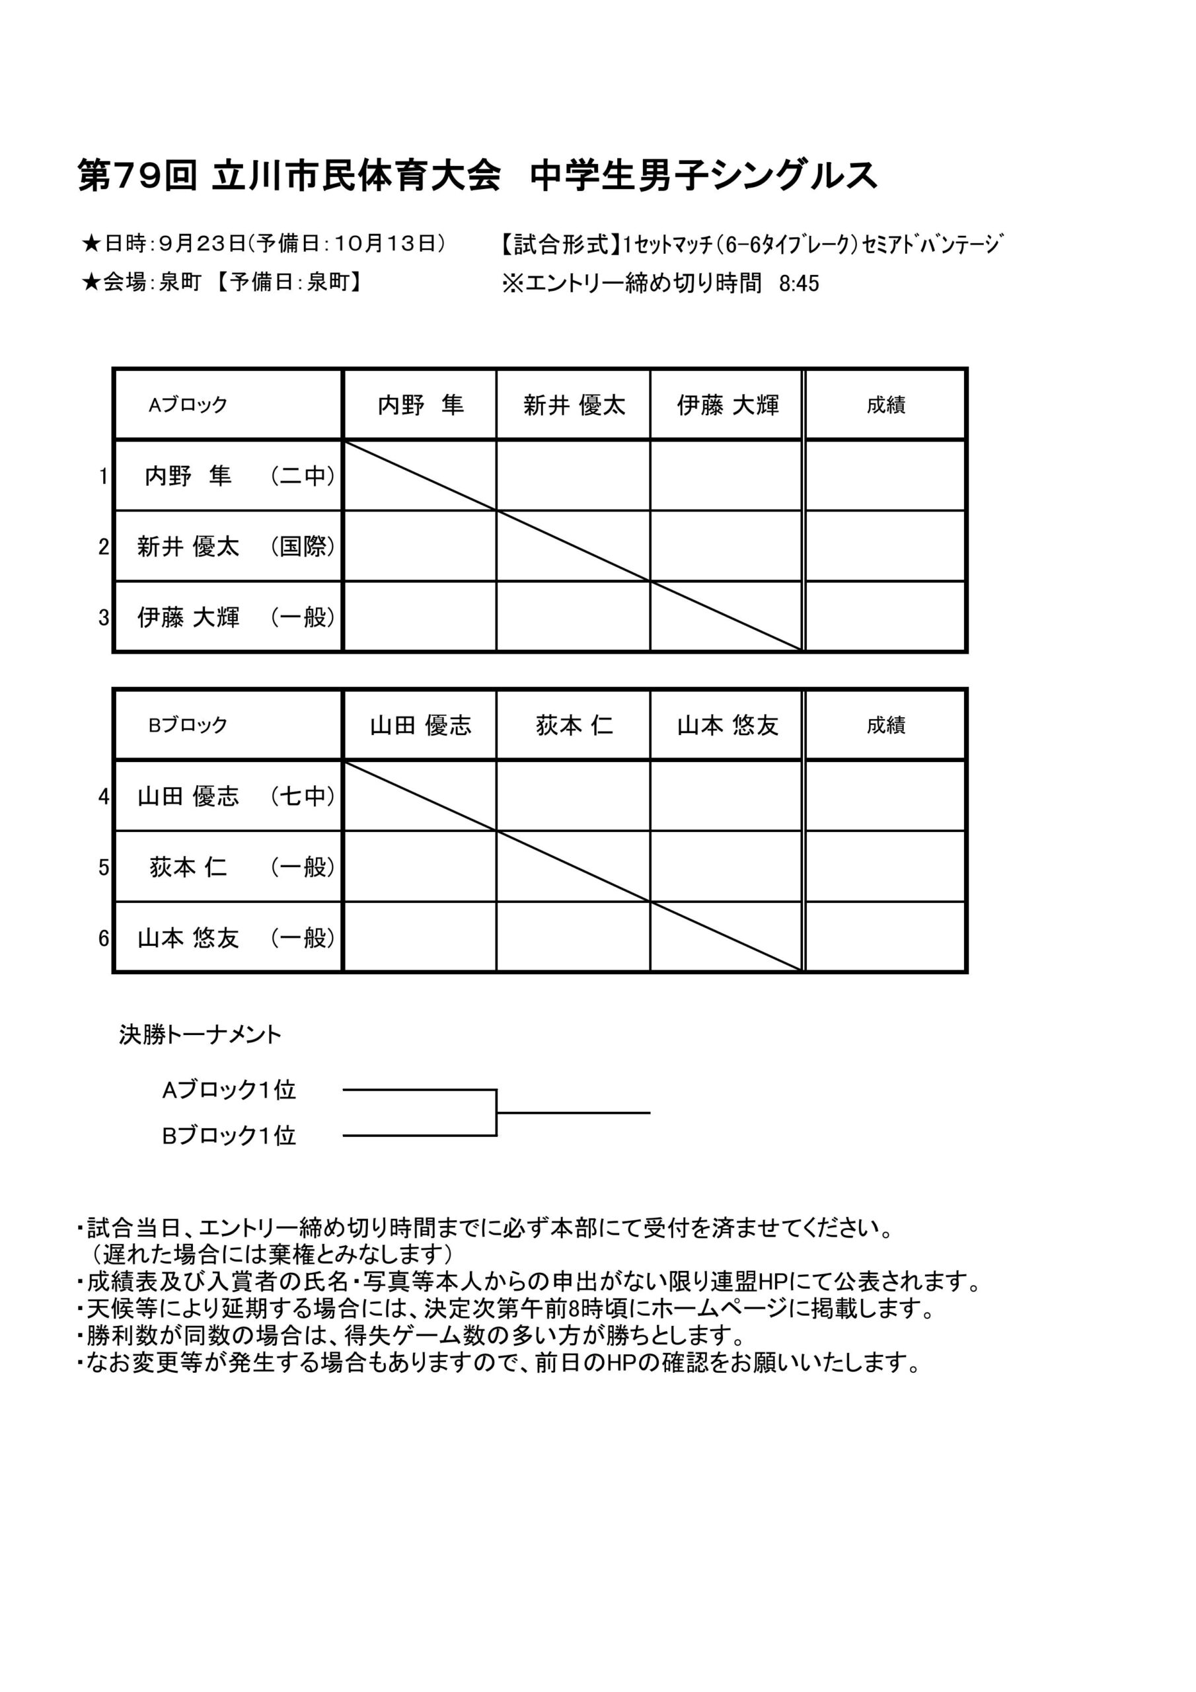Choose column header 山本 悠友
click(x=728, y=726)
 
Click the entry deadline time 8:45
click(x=799, y=284)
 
